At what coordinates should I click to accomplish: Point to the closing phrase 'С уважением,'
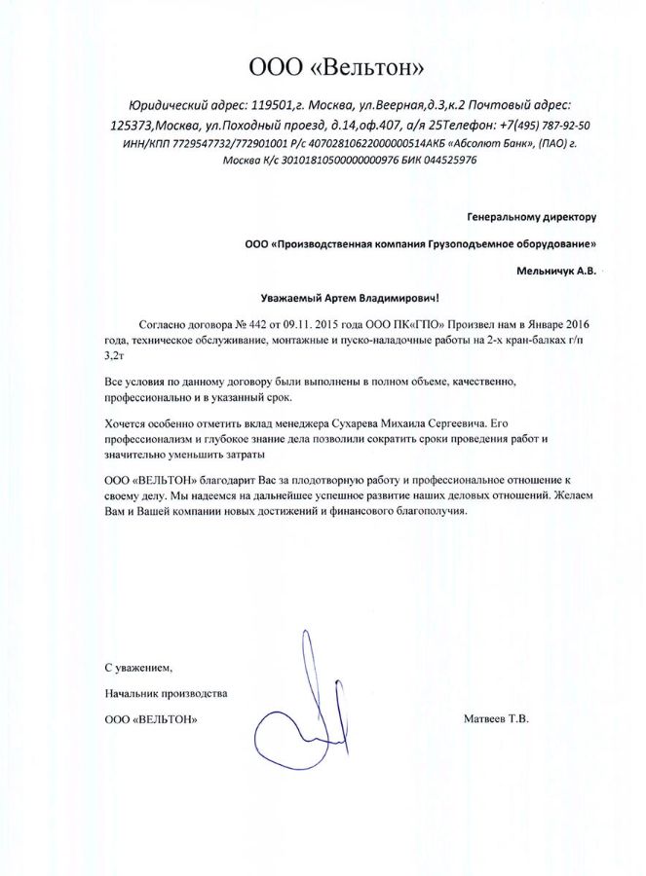137,668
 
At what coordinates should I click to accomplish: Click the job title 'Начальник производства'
165,693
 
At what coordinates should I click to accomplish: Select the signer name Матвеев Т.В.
497,719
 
